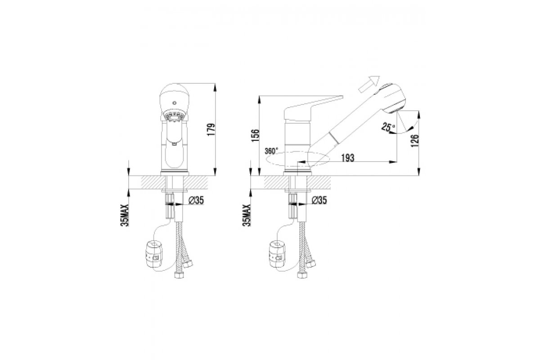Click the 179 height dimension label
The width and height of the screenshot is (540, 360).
211,130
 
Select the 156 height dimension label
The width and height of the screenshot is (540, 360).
255,135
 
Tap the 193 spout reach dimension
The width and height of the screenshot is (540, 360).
348,158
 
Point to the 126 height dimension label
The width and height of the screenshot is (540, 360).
415,141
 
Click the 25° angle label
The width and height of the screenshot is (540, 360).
388,126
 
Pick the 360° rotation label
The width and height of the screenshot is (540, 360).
271,151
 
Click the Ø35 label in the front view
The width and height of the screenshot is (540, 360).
196,200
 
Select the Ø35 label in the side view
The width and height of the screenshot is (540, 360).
319,200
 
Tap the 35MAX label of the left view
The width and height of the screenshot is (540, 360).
125,215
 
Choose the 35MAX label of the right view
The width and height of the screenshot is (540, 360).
247,215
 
